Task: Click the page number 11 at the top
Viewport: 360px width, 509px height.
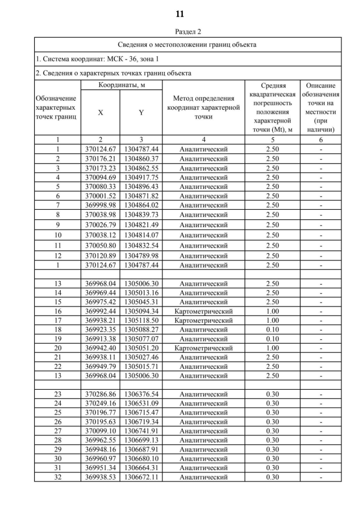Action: click(x=180, y=13)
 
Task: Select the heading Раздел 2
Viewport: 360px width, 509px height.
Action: click(x=180, y=31)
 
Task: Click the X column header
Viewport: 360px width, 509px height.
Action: click(x=101, y=112)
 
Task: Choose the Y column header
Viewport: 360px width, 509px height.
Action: click(x=141, y=112)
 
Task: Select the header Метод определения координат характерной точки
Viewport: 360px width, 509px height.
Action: click(x=203, y=107)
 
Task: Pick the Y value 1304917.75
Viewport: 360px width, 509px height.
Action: click(x=141, y=177)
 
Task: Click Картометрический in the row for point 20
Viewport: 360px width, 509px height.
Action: click(x=203, y=348)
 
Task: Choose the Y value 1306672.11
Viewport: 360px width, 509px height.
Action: click(x=141, y=478)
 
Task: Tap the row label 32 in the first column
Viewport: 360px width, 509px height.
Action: click(x=57, y=478)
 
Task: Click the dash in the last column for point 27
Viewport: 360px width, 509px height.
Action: click(x=321, y=432)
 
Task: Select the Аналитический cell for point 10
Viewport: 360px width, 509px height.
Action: click(x=203, y=235)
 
